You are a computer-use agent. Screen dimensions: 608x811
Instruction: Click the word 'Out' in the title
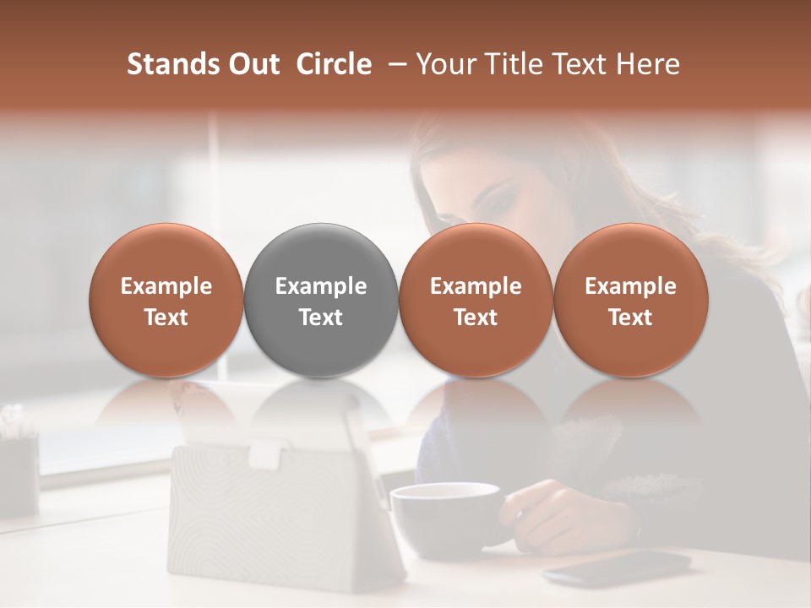coord(253,64)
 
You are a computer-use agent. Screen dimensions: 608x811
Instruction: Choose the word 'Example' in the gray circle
coord(321,286)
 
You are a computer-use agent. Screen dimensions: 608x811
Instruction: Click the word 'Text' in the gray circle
coord(321,318)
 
